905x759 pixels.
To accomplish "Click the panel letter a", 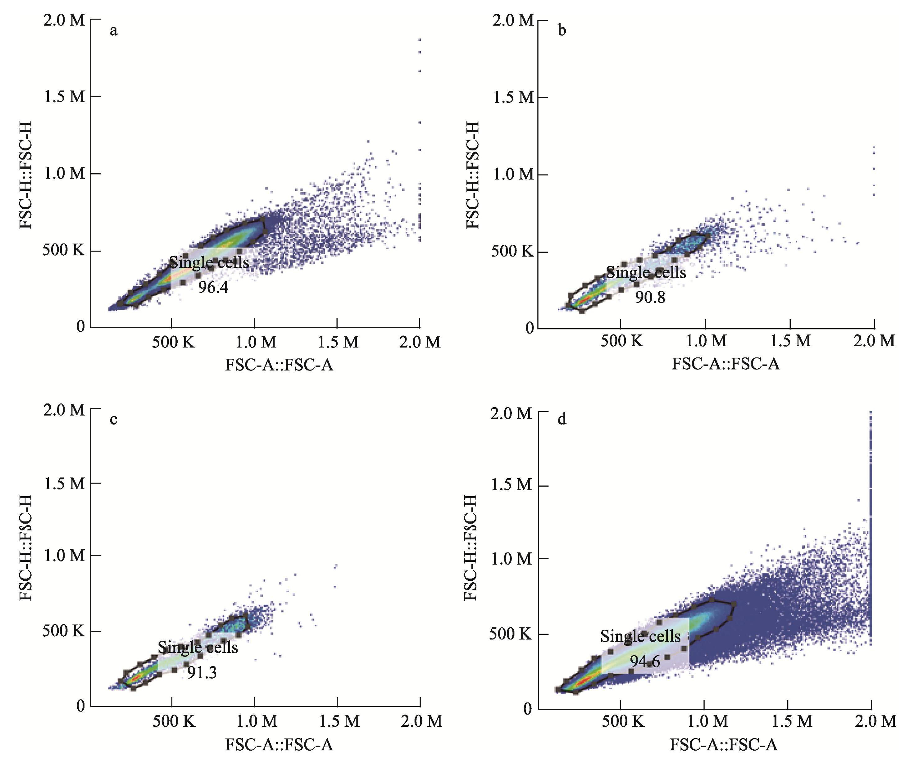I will pos(113,31).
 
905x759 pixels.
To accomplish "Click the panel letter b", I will pos(562,31).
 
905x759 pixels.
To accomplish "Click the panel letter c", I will pos(113,419).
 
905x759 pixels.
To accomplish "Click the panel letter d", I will pos(562,419).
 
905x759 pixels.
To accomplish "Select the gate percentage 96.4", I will pos(213,287).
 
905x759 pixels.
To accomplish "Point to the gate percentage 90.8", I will pos(650,297).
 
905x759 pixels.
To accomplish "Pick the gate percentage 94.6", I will pos(645,661).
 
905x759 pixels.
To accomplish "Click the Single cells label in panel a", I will pos(209,262).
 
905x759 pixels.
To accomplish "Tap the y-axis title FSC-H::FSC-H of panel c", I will pos(26,548).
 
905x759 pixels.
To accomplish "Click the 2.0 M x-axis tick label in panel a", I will pos(420,342).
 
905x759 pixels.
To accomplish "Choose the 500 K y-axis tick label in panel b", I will pos(512,251).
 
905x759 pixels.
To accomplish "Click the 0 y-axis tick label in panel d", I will pos(527,709).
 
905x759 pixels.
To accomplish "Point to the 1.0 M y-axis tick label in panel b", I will pos(513,175).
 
